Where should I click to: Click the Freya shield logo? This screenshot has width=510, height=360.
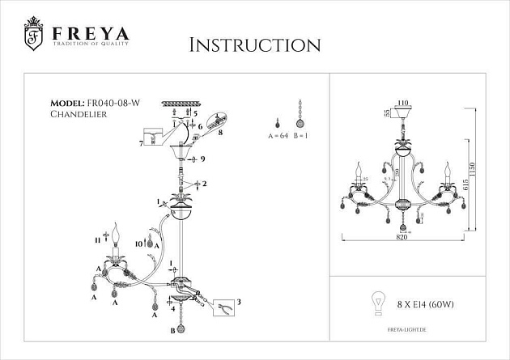pyautogui.click(x=34, y=34)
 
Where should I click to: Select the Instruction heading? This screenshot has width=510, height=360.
pyautogui.click(x=254, y=44)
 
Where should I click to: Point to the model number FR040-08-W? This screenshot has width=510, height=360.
pyautogui.click(x=112, y=104)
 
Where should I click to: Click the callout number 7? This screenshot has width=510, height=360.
pyautogui.click(x=141, y=144)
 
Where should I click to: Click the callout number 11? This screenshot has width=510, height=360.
pyautogui.click(x=96, y=239)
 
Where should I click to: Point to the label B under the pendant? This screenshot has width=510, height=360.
pyautogui.click(x=172, y=331)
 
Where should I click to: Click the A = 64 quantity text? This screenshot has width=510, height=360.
pyautogui.click(x=277, y=137)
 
